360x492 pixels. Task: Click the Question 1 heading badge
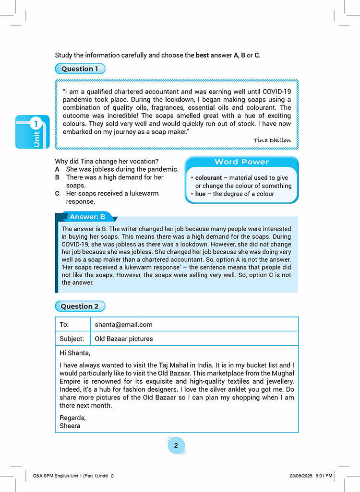tap(80, 69)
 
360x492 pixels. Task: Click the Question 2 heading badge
tap(80, 306)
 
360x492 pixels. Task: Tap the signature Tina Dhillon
tap(272, 140)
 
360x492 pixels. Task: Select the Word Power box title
tap(241, 162)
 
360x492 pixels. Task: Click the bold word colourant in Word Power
tap(208, 178)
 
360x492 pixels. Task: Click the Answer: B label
tap(87, 217)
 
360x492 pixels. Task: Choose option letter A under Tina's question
tap(57, 169)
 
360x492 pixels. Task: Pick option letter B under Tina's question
tap(57, 177)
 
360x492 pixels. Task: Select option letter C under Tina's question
tap(57, 193)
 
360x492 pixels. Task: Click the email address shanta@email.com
tap(123, 325)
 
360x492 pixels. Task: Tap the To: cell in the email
tap(64, 325)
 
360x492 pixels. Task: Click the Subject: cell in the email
tap(72, 339)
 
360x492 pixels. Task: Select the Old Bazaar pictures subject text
tap(124, 339)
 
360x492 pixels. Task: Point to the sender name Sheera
tap(70, 425)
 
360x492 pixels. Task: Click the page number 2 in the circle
tap(176, 446)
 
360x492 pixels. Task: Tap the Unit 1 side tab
tap(33, 132)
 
